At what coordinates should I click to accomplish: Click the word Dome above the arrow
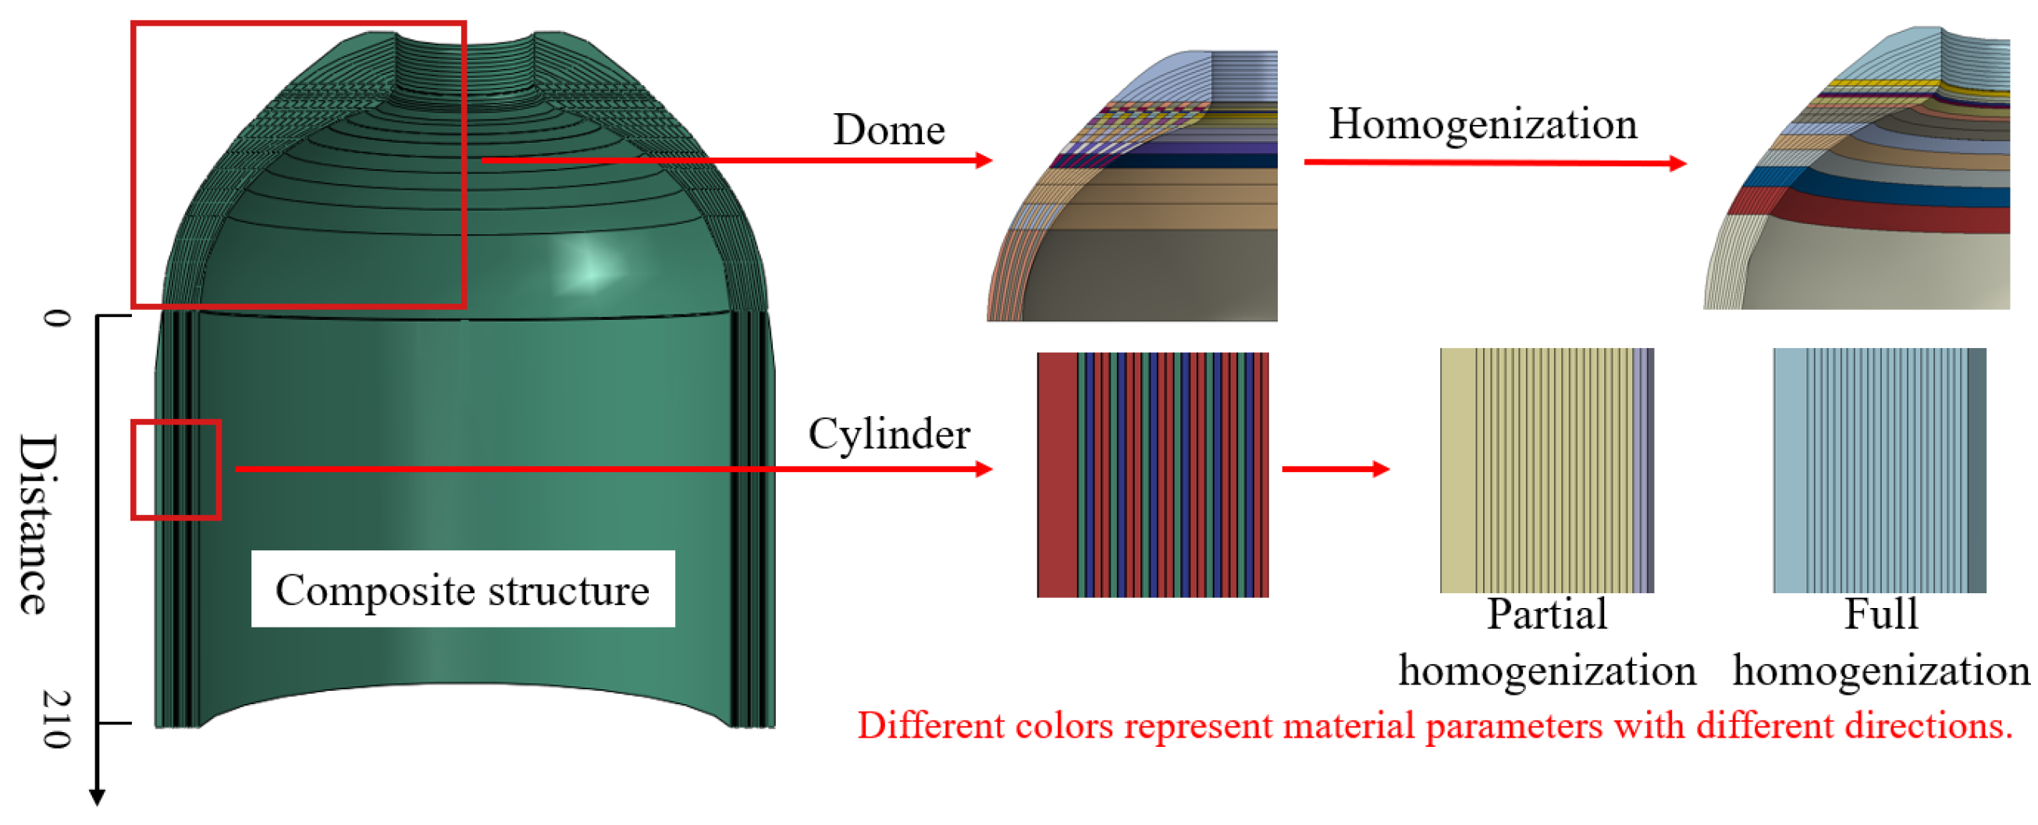pos(888,130)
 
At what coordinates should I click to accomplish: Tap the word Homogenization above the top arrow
pos(1482,124)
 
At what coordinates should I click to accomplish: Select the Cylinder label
pos(888,434)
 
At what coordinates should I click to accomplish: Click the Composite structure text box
pos(463,589)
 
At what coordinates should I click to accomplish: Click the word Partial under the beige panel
pos(1547,614)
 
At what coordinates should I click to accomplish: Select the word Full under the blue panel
pos(1880,614)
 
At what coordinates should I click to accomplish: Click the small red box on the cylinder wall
pos(176,469)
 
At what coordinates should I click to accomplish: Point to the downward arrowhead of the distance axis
pos(98,797)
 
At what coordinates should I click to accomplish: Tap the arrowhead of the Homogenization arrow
pos(1677,164)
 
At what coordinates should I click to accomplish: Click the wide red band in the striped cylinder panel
pos(1056,475)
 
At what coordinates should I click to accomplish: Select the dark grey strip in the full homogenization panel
pos(1976,471)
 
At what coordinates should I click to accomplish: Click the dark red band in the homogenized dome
pos(1899,219)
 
